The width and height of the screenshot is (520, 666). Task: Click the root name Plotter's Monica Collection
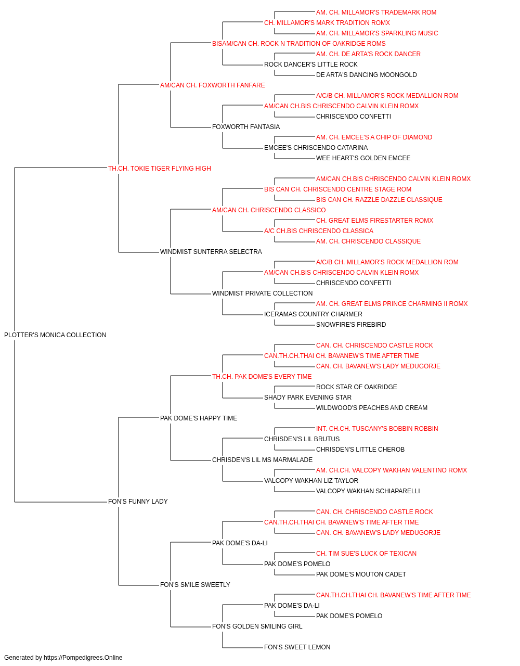(55, 335)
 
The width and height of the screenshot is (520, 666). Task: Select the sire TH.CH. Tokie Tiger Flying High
(160, 169)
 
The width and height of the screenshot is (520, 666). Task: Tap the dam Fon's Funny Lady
(138, 502)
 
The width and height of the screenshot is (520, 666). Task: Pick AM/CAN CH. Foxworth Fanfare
(213, 85)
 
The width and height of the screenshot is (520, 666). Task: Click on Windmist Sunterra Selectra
(211, 252)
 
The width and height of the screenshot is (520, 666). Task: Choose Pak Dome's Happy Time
(199, 418)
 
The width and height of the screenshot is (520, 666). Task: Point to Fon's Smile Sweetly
(195, 585)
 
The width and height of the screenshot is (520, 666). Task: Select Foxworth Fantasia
(246, 127)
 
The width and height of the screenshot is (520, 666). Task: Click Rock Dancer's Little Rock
(311, 65)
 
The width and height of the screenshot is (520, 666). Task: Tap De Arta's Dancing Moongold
(366, 75)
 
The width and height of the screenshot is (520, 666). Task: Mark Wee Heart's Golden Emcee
(363, 158)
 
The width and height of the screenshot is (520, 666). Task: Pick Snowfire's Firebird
(351, 325)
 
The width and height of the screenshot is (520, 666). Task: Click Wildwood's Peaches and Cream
(372, 408)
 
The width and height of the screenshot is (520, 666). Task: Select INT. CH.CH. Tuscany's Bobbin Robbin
(377, 429)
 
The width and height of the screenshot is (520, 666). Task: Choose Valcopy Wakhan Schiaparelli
(368, 491)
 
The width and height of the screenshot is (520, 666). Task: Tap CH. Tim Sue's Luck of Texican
(366, 554)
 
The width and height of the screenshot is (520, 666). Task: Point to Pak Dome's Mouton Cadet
(361, 574)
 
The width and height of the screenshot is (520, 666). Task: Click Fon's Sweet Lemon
(297, 647)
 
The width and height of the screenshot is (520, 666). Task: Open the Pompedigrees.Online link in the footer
(83, 658)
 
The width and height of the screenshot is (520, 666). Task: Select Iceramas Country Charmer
(313, 314)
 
